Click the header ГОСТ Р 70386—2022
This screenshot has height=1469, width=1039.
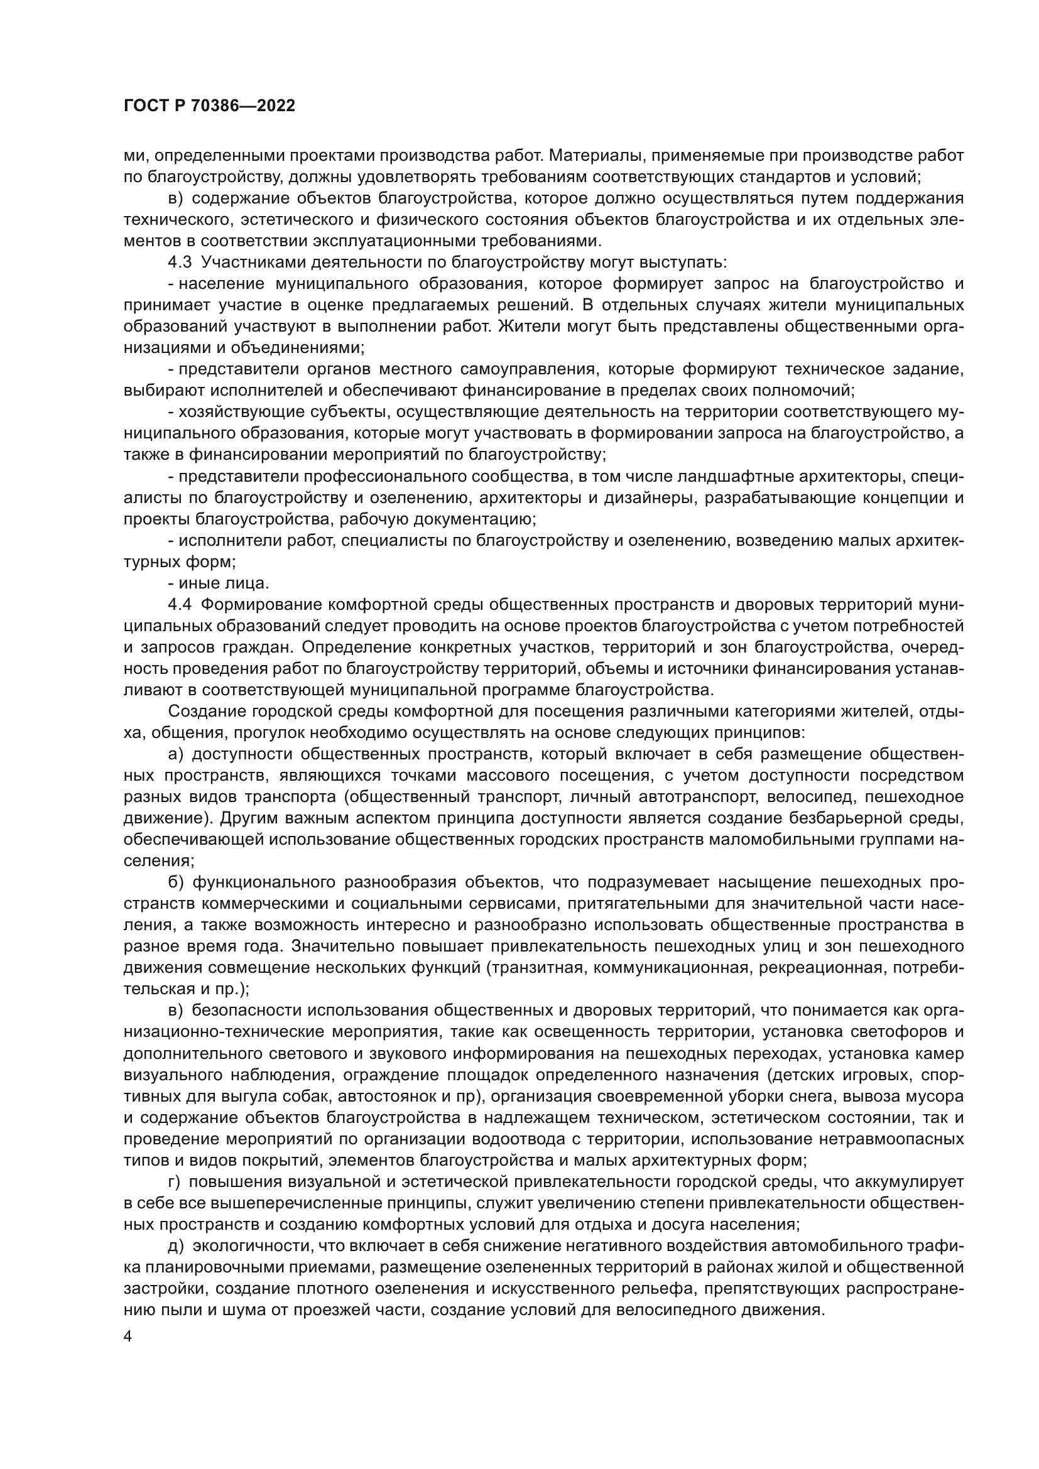(209, 106)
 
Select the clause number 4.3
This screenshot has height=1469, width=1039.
(180, 263)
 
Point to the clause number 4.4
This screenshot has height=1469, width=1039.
(180, 605)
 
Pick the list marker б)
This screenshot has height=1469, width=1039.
(176, 882)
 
